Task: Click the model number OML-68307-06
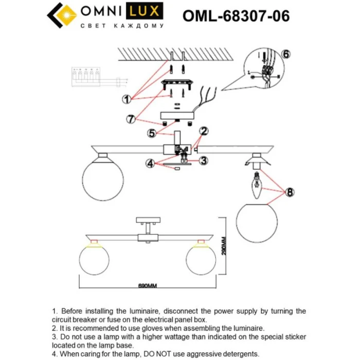[x=236, y=16]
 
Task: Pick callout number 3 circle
[x=204, y=160]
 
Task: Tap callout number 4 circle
[x=150, y=164]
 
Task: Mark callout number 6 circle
[x=286, y=55]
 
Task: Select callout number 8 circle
[x=290, y=192]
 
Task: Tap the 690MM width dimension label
[x=147, y=286]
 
